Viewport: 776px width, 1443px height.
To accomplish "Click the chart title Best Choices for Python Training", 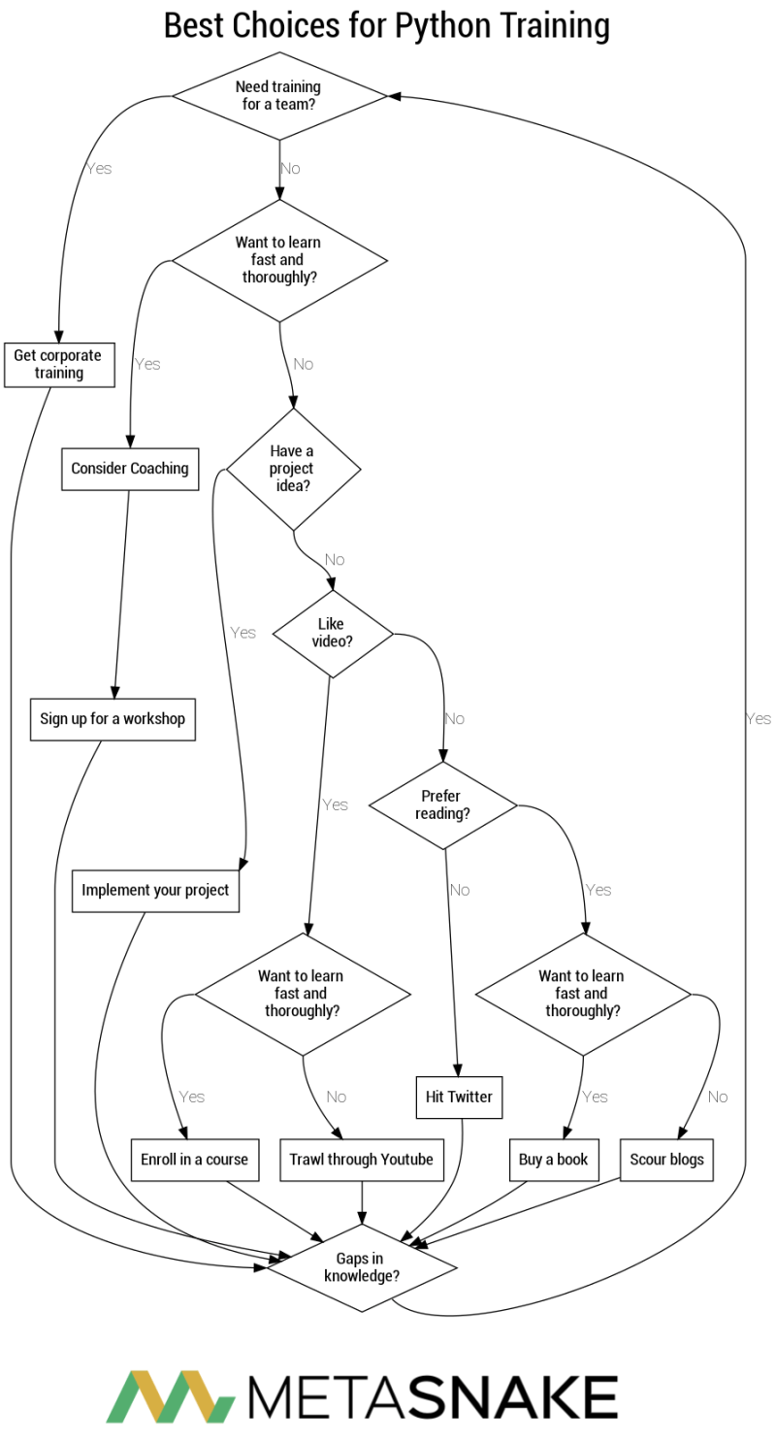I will (x=387, y=25).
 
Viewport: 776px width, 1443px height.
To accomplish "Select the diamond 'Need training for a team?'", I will (x=279, y=95).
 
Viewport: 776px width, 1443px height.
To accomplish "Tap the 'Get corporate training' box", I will (x=59, y=364).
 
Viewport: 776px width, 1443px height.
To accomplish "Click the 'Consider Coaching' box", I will (x=129, y=469).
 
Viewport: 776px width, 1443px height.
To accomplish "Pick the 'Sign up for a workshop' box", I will (x=113, y=720).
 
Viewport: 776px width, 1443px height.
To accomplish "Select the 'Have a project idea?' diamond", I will (x=293, y=469).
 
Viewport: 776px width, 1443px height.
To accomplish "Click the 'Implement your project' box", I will (x=155, y=891).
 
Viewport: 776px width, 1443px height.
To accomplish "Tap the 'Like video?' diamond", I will (x=333, y=633).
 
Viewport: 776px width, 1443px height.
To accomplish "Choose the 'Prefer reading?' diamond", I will (x=442, y=804).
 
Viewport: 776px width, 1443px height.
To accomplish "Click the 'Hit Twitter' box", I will (x=459, y=1098).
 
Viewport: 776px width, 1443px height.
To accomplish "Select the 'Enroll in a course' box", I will (x=194, y=1160).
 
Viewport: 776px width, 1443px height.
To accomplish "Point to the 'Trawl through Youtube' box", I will (x=361, y=1160).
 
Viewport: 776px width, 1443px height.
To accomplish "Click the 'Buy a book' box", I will (x=553, y=1160).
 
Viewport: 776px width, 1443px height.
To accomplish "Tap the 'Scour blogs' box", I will (x=666, y=1160).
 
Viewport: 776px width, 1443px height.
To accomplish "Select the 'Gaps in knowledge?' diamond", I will (x=362, y=1267).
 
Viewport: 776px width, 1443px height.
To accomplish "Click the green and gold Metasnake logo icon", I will (x=171, y=1396).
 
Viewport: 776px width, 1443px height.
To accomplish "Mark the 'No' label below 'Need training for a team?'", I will (x=290, y=169).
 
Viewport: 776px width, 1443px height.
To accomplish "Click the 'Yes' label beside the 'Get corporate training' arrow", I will (x=99, y=169).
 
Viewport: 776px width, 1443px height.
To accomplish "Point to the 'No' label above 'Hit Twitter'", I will (x=459, y=890).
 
